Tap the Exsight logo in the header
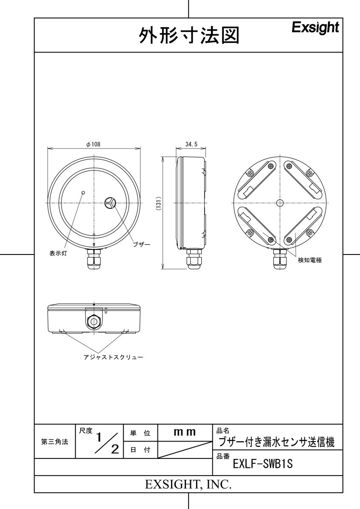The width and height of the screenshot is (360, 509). (x=315, y=28)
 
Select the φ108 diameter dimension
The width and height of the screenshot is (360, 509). (x=93, y=144)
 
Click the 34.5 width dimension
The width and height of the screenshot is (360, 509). (x=191, y=144)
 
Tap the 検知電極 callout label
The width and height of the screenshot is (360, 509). (x=309, y=260)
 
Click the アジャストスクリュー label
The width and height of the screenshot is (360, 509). (x=113, y=357)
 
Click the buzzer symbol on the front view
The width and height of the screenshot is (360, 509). (x=110, y=203)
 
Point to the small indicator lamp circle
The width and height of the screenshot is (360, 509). (x=83, y=193)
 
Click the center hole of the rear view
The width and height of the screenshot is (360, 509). (x=279, y=203)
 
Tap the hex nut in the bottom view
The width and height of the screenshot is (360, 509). (x=93, y=322)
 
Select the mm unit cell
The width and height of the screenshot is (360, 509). (x=185, y=432)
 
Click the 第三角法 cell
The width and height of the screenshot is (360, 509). (x=54, y=442)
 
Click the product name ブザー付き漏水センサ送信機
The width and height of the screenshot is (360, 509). (x=276, y=442)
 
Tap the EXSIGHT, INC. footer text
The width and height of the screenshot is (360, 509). (x=188, y=484)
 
